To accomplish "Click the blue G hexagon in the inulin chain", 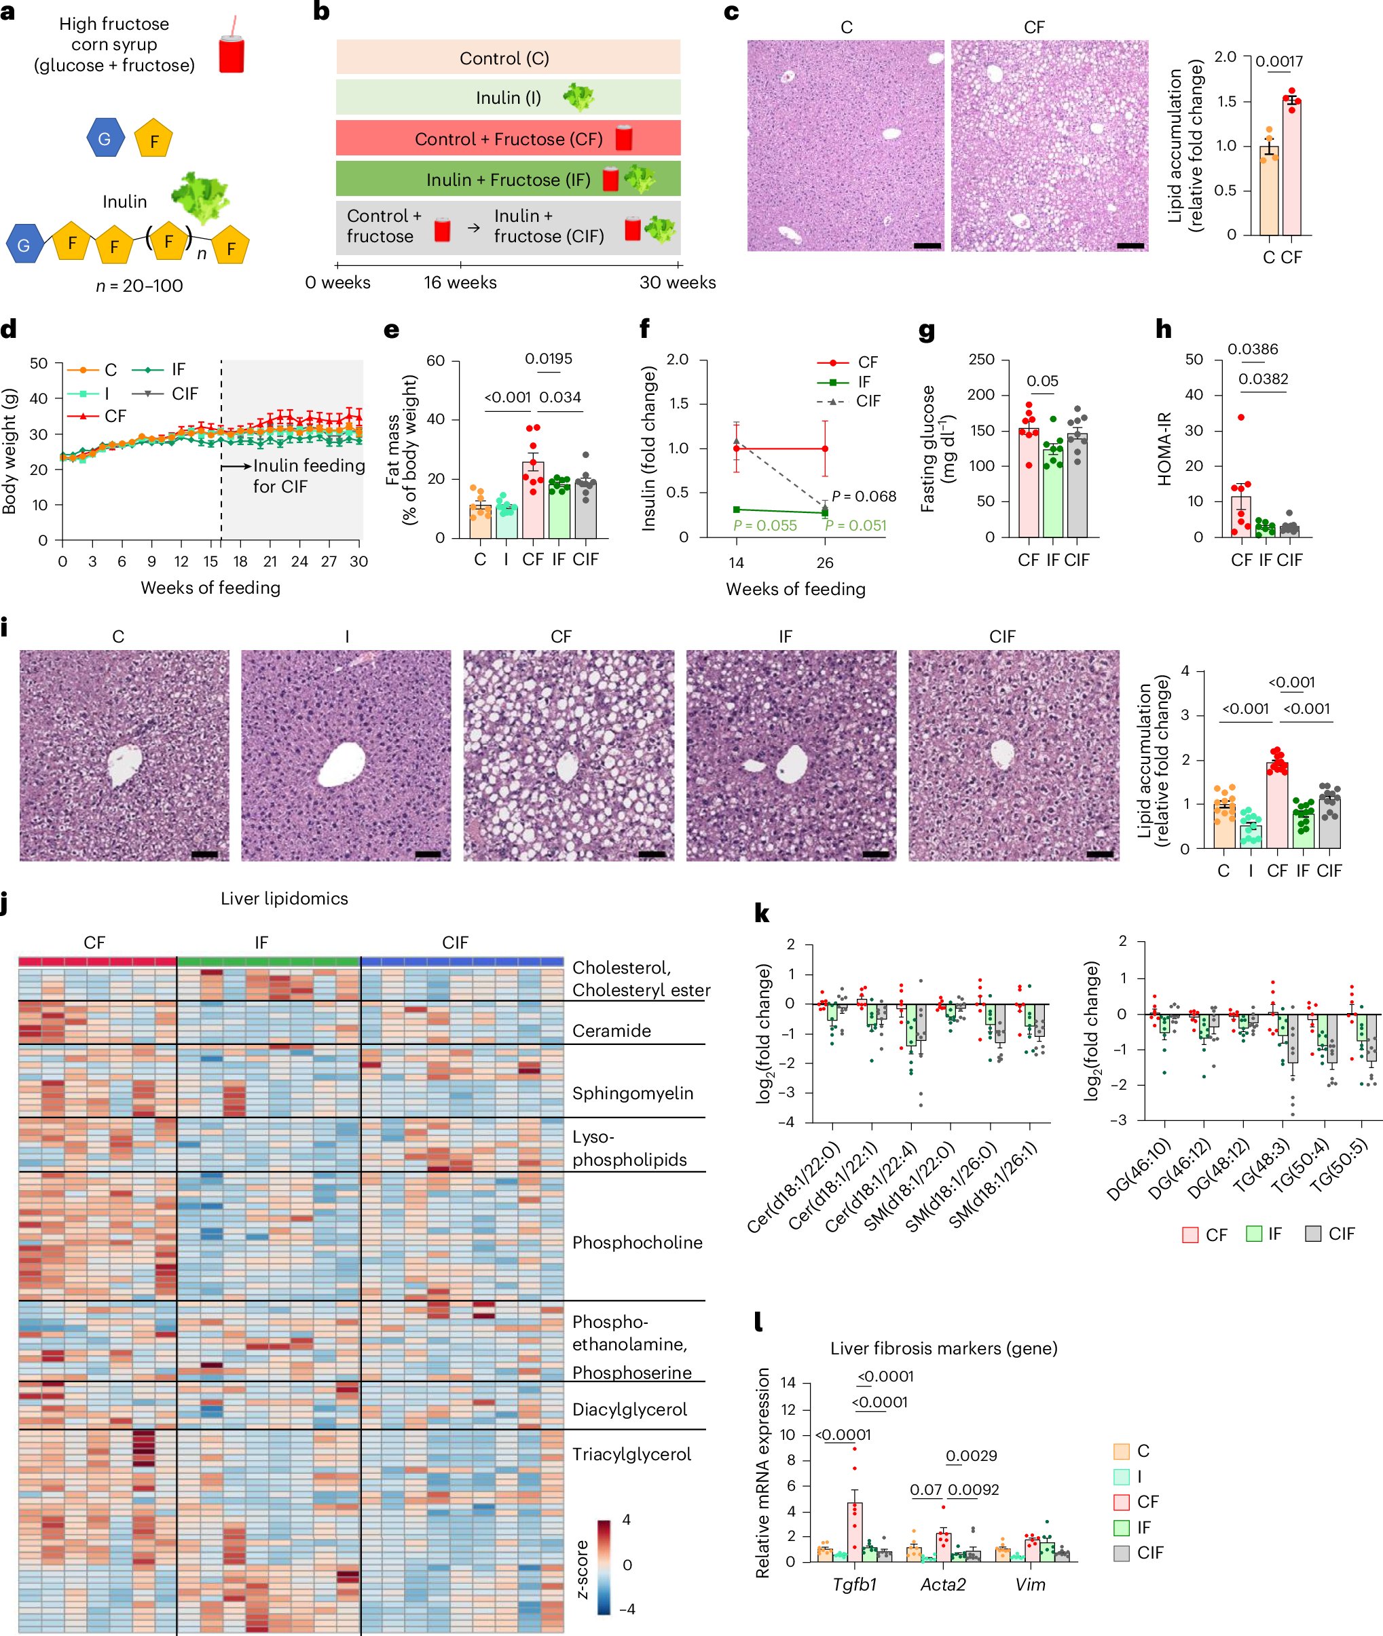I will [x=24, y=244].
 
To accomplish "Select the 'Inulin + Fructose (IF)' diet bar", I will [x=508, y=179].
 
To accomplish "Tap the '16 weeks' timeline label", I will [x=460, y=283].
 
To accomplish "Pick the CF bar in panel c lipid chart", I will [x=1291, y=166].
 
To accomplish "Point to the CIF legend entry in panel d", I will [x=184, y=394].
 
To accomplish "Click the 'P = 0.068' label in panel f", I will [x=864, y=496].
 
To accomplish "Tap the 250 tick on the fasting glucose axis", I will [x=982, y=360].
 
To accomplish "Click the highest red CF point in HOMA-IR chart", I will [x=1241, y=417].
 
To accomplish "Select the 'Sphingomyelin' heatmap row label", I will [x=632, y=1093].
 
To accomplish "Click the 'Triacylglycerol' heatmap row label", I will [x=631, y=1454].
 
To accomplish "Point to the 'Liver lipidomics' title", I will [x=284, y=898].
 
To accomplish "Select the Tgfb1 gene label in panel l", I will [x=855, y=1584].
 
